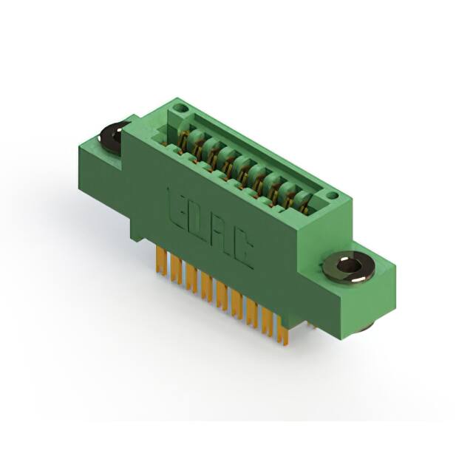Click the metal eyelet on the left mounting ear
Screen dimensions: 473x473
point(112,137)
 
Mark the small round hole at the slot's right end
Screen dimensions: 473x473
point(332,197)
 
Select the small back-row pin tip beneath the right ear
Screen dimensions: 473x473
point(311,324)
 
